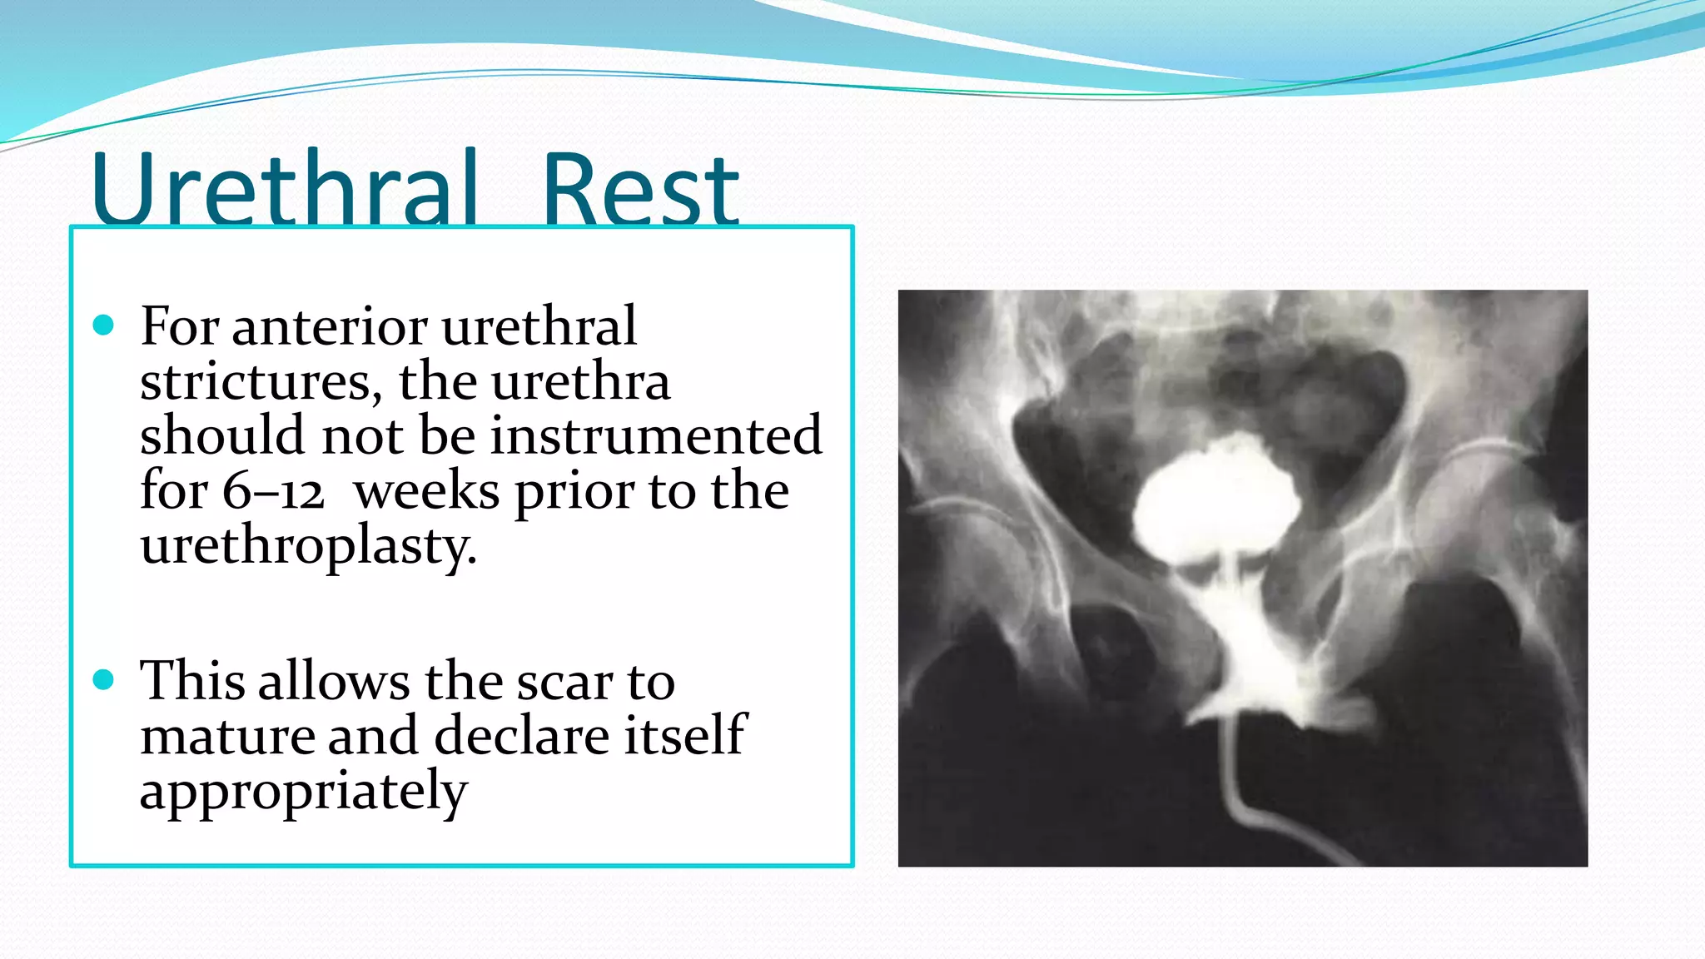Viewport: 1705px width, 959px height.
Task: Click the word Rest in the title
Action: click(639, 190)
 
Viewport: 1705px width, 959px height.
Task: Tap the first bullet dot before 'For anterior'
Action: click(103, 325)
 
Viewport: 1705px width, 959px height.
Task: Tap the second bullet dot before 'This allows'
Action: click(103, 680)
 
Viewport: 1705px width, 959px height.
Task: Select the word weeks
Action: click(427, 491)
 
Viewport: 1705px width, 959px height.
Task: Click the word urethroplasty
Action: click(309, 547)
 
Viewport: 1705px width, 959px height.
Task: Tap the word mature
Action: click(226, 736)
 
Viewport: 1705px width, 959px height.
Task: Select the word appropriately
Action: click(304, 792)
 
